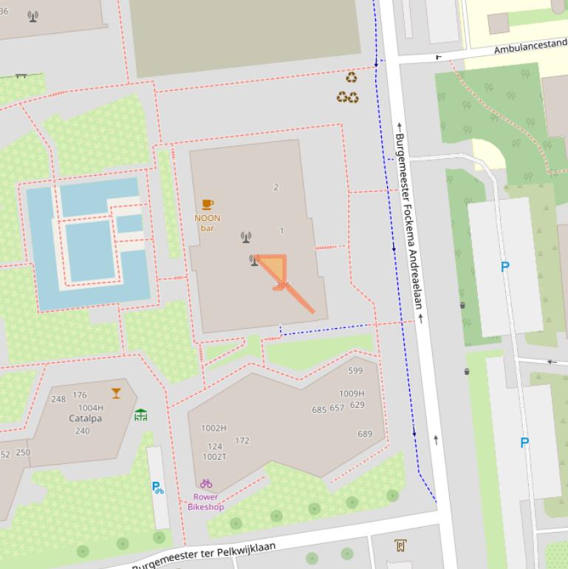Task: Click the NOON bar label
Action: [208, 222]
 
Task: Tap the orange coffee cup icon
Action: [208, 205]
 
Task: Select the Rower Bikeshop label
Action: [205, 502]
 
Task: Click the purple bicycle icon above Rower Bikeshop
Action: [206, 484]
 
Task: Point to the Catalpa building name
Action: [86, 418]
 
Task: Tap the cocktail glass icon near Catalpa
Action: [116, 393]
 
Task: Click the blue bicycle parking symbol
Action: [157, 487]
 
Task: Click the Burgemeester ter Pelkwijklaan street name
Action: [204, 556]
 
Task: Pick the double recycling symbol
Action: [347, 97]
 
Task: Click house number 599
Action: [355, 371]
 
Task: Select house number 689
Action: [365, 434]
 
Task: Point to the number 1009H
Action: [352, 394]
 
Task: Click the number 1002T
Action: [214, 457]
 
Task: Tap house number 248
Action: [58, 399]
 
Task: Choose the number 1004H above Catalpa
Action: [91, 408]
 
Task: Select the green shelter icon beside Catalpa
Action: [141, 415]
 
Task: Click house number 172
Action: [242, 440]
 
